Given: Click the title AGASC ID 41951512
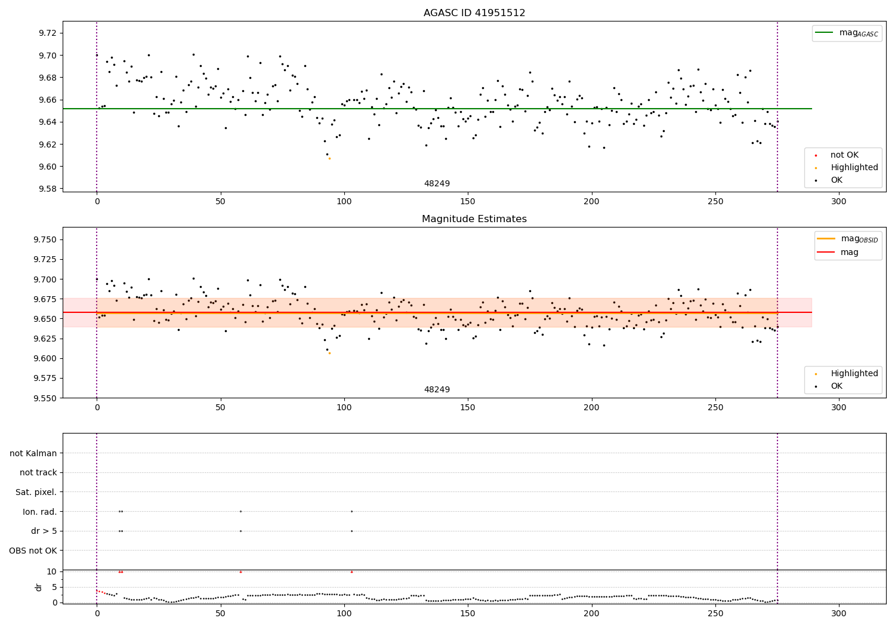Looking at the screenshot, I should tap(474, 13).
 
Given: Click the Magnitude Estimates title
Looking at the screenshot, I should tap(474, 219).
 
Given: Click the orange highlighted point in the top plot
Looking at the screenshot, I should tap(329, 158).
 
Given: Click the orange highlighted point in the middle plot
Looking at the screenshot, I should tap(329, 353).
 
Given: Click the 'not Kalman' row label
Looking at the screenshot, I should tap(33, 453).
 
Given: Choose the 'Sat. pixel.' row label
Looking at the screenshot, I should tap(36, 492).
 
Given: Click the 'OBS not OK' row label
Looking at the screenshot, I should tap(33, 551).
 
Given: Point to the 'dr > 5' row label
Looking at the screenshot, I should tap(44, 531).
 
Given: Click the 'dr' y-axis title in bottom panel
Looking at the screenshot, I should tap(39, 587).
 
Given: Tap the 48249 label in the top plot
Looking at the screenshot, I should tap(437, 183).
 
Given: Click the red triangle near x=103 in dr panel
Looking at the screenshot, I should tap(351, 571).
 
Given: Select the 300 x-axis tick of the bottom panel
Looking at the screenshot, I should tap(839, 613).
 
